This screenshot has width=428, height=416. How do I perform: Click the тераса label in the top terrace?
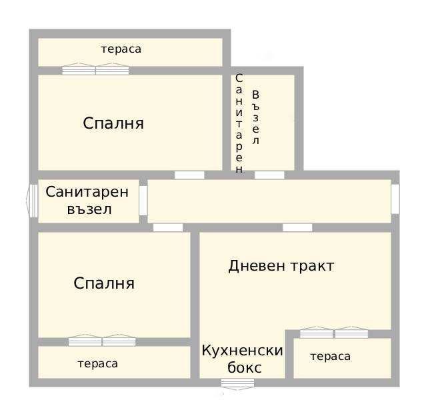[x=121, y=49]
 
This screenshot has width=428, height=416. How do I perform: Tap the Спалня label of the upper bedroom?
[x=113, y=123]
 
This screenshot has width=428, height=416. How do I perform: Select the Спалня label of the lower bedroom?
[x=104, y=283]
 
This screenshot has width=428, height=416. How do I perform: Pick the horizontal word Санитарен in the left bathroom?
[x=87, y=192]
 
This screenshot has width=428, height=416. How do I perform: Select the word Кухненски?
[x=243, y=351]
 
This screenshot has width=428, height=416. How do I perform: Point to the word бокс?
[x=244, y=367]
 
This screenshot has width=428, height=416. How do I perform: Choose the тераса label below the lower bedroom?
[x=97, y=363]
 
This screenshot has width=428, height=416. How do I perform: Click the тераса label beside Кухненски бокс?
[x=330, y=357]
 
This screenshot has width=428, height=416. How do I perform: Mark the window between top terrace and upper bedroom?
[x=95, y=69]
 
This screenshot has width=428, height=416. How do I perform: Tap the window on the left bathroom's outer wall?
[x=31, y=200]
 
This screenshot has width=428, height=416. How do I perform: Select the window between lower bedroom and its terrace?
[x=102, y=341]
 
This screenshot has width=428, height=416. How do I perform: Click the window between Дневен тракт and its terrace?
[x=334, y=333]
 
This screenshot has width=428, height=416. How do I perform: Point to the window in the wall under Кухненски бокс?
[x=237, y=383]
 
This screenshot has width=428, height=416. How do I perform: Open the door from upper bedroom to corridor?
[x=189, y=175]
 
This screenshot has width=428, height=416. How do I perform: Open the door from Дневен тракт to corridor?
[x=297, y=227]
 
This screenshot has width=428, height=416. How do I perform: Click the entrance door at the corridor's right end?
[x=395, y=199]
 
